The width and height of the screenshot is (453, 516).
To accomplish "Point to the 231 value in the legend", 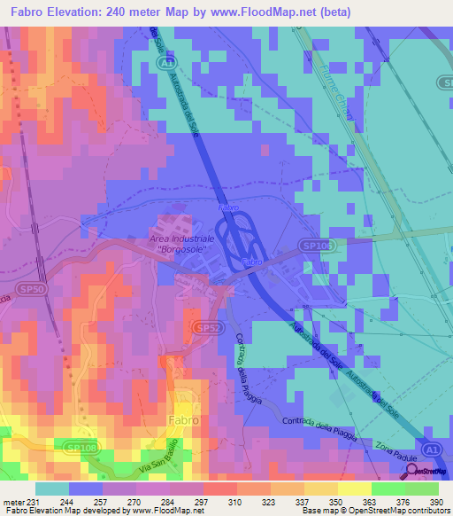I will [35, 501].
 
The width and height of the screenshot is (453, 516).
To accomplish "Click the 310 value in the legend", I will [236, 501].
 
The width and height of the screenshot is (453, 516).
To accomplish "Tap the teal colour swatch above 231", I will [51, 489].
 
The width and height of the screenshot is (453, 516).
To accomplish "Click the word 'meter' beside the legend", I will [12, 501].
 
